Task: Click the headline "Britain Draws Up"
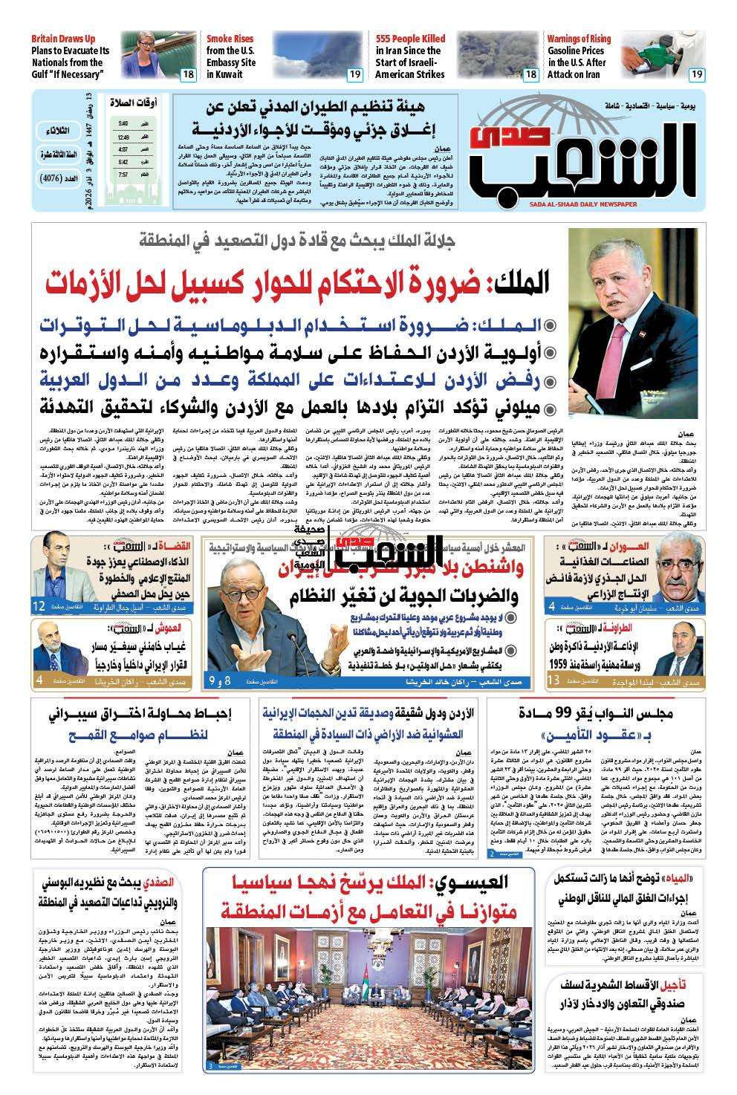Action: tap(63, 39)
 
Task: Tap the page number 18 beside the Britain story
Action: tap(187, 74)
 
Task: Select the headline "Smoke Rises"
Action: tap(230, 39)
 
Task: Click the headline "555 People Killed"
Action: tap(410, 39)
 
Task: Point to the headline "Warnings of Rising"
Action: tap(579, 39)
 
